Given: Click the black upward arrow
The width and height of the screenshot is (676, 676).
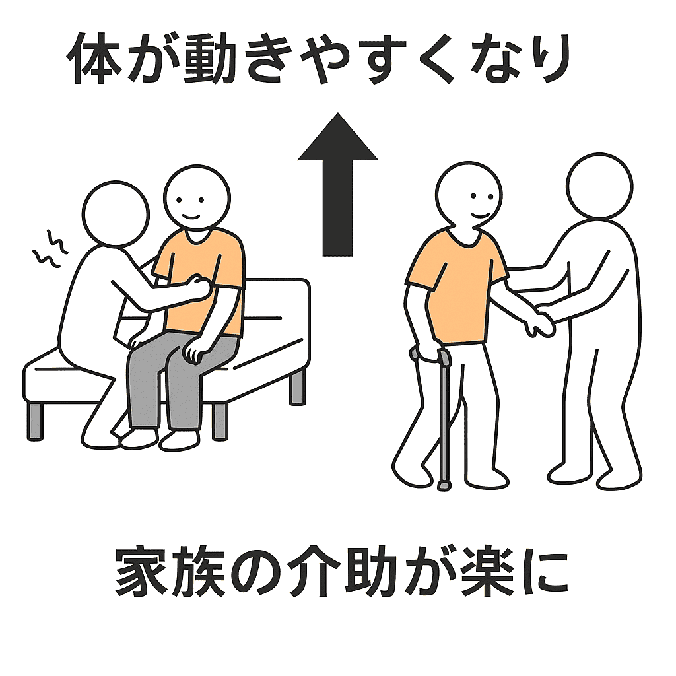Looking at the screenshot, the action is coord(337,186).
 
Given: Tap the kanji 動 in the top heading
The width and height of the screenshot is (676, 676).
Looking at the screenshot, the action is coord(209,58).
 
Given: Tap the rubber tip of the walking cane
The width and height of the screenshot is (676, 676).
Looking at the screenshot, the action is coord(444,486).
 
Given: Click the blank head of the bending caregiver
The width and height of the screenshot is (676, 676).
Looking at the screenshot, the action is coord(116,214).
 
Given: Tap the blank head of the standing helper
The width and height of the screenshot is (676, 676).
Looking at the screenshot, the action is coord(599,186).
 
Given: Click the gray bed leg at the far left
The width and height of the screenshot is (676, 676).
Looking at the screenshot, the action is coord(35,422).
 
